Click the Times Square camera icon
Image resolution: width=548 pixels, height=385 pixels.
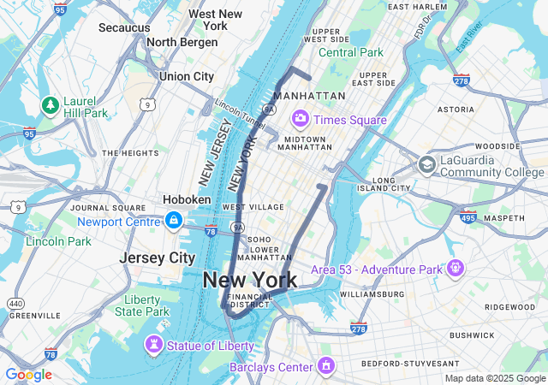click(301, 118)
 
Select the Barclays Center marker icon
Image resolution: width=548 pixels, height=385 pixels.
click(325, 367)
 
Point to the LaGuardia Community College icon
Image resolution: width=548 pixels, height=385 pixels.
click(426, 164)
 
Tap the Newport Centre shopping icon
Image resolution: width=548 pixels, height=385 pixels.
click(174, 221)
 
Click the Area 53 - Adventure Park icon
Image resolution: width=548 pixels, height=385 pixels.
click(455, 269)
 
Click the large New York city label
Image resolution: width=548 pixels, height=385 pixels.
click(250, 280)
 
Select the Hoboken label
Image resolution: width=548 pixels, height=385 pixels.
click(187, 199)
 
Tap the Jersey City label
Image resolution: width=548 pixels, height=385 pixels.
click(157, 258)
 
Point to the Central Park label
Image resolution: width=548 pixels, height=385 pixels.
click(351, 52)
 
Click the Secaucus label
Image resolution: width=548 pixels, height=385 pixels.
click(124, 27)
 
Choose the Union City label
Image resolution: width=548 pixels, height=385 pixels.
click(186, 76)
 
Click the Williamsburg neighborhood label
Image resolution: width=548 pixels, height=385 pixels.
click(369, 293)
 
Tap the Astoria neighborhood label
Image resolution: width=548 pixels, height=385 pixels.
click(456, 110)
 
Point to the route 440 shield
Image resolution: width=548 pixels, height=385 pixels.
click(16, 303)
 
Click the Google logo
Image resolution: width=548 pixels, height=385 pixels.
click(28, 375)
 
